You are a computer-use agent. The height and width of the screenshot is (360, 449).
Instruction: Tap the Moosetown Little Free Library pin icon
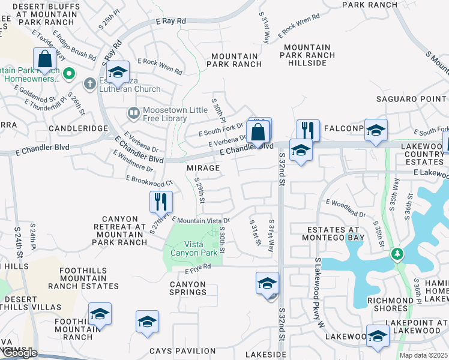coord(133,112)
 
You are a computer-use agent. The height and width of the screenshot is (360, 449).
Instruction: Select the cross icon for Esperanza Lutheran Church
coord(90,83)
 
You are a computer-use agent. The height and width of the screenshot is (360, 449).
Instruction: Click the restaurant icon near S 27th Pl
coord(161,202)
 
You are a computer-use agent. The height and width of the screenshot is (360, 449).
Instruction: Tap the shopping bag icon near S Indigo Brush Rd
coord(45,59)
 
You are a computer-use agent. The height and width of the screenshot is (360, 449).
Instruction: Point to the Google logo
coord(19,353)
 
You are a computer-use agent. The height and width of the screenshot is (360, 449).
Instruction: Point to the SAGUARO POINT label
coord(412,99)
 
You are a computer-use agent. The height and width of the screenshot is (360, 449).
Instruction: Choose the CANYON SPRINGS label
coord(179,289)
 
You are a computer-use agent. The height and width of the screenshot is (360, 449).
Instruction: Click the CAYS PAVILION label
coord(191,351)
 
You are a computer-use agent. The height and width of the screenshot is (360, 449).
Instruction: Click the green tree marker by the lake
coord(397,254)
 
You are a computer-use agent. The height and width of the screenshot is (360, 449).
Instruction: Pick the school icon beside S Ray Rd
coord(118,73)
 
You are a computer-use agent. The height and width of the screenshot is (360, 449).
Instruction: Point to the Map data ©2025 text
coord(423,355)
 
